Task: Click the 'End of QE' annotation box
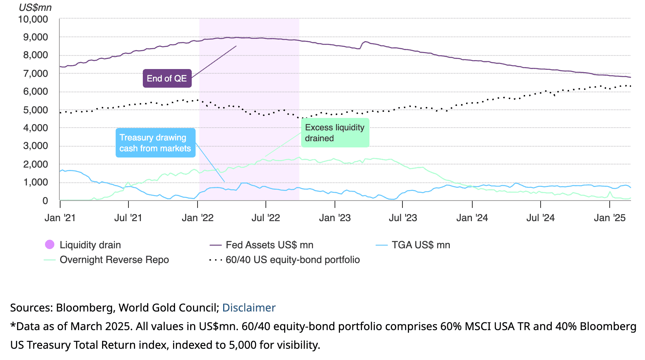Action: click(x=167, y=78)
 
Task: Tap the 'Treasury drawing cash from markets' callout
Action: click(x=155, y=143)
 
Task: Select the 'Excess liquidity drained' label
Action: click(x=335, y=133)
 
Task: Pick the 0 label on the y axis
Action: click(x=45, y=201)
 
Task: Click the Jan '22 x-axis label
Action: click(x=198, y=218)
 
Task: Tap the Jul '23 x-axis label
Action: click(x=403, y=218)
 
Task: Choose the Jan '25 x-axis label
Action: click(x=609, y=218)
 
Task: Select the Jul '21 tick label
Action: click(x=128, y=218)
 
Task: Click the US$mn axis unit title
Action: click(x=35, y=7)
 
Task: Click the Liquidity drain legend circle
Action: click(x=50, y=244)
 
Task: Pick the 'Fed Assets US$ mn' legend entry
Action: click(x=269, y=245)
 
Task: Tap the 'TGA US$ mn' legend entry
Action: click(x=421, y=245)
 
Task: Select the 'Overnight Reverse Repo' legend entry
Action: click(x=114, y=260)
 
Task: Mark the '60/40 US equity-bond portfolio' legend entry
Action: click(x=293, y=260)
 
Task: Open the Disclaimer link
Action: click(x=249, y=308)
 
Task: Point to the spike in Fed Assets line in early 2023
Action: click(x=365, y=42)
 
